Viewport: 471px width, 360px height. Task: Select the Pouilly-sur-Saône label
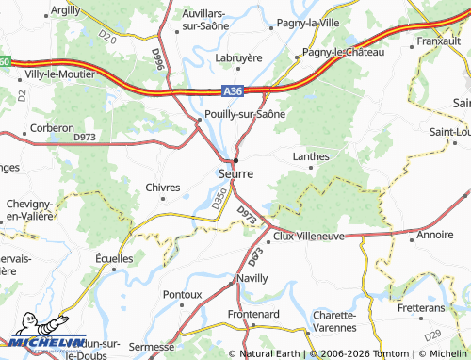coord(245,114)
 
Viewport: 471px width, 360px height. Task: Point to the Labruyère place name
coord(238,57)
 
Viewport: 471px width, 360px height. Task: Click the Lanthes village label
coord(311,156)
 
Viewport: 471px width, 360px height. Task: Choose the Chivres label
coord(163,188)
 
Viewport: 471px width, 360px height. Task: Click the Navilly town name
coord(253,279)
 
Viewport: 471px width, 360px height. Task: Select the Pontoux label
coord(183,295)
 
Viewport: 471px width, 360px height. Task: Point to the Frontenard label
coord(255,313)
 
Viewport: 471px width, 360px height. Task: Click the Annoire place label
coord(434,235)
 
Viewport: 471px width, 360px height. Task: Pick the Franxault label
coord(439,41)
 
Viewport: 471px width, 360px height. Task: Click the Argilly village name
coord(65,8)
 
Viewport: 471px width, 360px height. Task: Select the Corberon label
coord(52,127)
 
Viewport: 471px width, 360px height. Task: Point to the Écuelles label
coord(114,256)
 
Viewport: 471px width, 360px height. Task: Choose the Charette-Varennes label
coord(335,321)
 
